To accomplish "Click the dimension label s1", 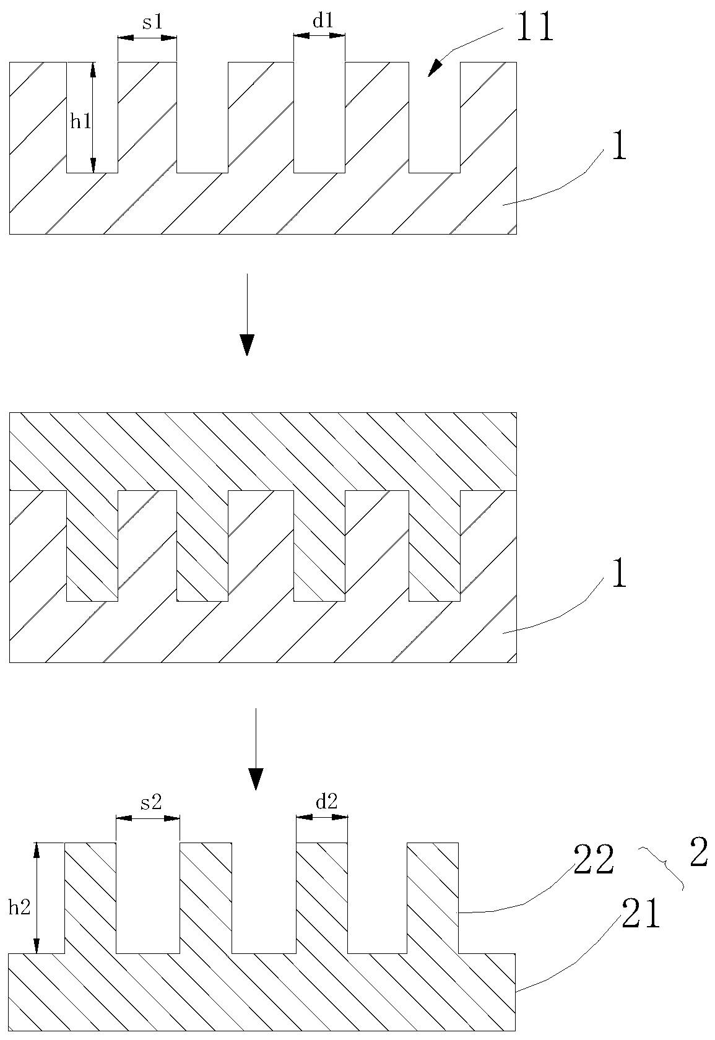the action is click(152, 22).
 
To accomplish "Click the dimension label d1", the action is click(323, 21).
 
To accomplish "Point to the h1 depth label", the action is click(80, 121).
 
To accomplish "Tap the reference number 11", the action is click(534, 29).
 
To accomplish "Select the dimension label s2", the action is click(151, 803).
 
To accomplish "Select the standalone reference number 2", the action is click(698, 855).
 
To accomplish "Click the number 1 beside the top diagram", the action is click(618, 149).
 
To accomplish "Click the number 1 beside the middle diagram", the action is click(618, 576).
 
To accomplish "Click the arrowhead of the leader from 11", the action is click(436, 67).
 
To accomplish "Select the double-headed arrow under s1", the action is click(147, 38).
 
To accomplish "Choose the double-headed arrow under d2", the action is click(322, 818).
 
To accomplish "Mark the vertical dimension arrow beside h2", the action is click(37, 898).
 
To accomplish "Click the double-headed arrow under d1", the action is click(319, 36).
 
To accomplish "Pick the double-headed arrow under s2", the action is click(148, 818).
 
